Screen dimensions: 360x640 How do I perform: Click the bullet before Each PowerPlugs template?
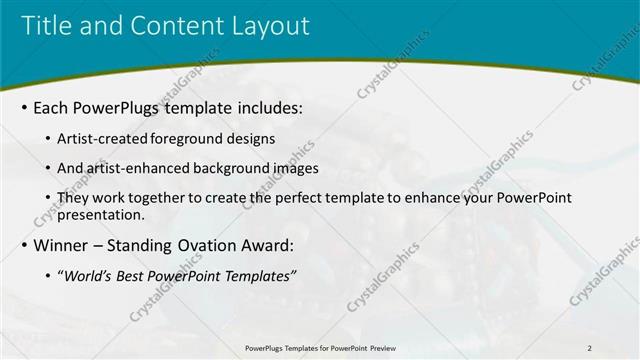(24, 106)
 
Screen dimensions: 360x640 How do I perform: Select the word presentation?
(104, 214)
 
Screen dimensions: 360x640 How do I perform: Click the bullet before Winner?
(24, 245)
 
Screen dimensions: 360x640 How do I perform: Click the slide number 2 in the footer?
(590, 347)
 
